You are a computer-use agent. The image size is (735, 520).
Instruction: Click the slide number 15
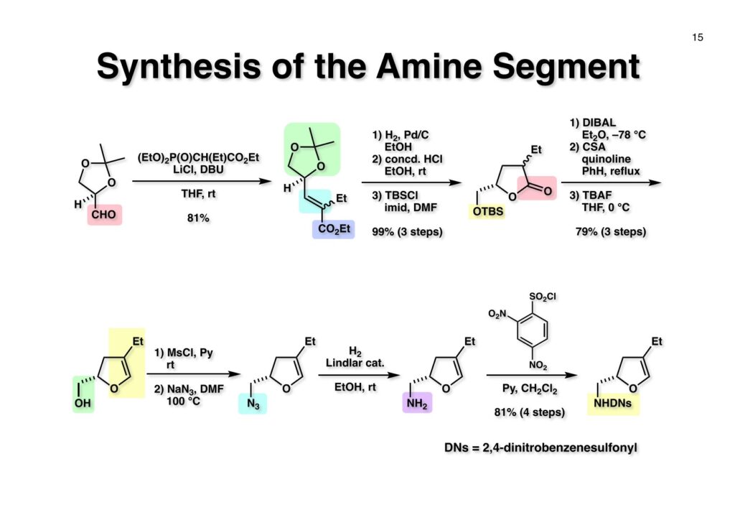[697, 38]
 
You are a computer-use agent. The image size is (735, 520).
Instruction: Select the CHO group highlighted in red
[105, 214]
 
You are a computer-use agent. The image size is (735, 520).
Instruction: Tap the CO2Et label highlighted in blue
[333, 229]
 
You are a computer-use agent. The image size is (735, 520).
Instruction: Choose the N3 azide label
[252, 405]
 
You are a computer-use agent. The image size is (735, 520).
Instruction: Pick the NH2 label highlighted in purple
[417, 405]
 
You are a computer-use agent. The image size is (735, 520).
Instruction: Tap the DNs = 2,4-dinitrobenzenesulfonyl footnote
[540, 447]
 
